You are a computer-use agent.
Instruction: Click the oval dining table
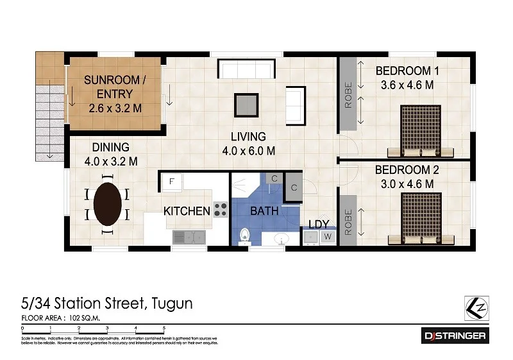coord(107,202)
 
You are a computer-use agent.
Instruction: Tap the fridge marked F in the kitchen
coord(171,182)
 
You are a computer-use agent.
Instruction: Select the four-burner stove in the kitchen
coord(220,209)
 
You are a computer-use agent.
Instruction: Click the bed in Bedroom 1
coord(420,131)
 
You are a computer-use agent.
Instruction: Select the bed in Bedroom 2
coord(420,218)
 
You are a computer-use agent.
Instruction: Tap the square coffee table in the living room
coord(246,105)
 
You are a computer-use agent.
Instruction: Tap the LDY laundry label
coord(319,224)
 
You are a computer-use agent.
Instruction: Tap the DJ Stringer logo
coord(455,335)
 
